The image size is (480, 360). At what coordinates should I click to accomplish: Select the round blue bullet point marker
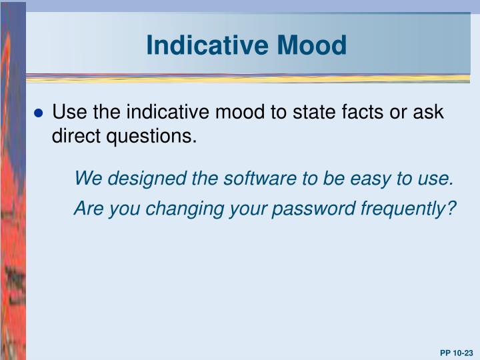(x=38, y=113)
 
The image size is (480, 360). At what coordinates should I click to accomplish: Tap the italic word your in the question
(x=255, y=209)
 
